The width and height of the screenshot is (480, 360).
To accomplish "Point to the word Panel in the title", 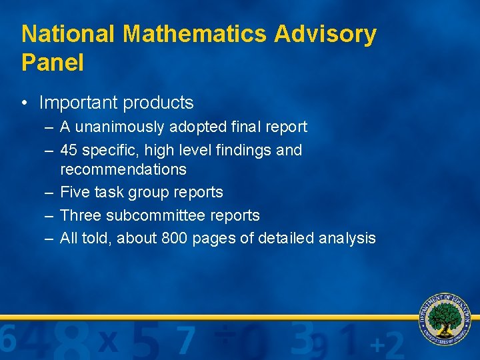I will [53, 63].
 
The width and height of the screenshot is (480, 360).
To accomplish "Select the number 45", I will [69, 150].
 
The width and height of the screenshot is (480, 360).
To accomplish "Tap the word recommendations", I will [123, 169].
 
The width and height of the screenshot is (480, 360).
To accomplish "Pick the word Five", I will [73, 192].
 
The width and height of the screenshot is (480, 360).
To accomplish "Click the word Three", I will [80, 215].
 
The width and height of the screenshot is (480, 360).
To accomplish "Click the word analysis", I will [347, 238].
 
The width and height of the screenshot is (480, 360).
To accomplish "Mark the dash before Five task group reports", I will [49, 192].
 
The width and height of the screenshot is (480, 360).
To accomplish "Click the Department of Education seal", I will [445, 318].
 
